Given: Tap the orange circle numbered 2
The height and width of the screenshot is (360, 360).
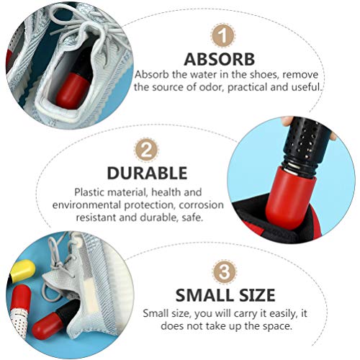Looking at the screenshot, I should point(148,150).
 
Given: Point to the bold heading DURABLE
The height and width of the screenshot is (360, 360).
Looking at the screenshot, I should point(148,174).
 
